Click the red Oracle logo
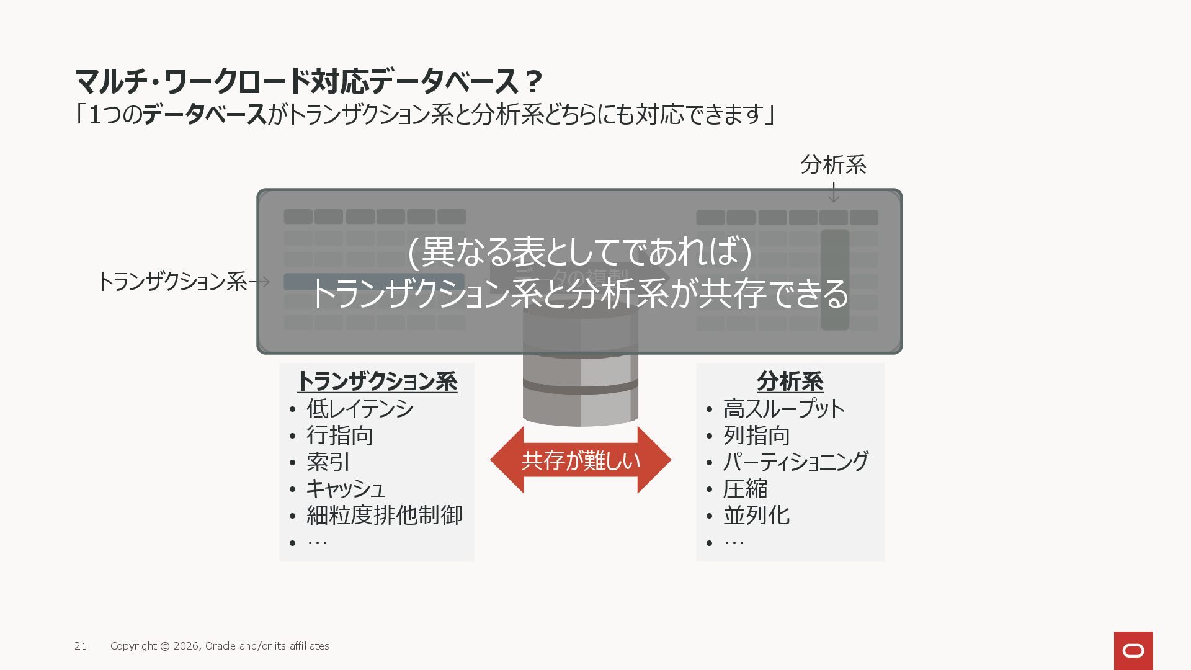pos(1133,650)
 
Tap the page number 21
pos(81,646)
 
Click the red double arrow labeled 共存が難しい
pos(581,460)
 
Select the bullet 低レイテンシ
pos(360,409)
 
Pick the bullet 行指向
pos(340,435)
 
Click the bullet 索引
pos(328,462)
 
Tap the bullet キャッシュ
pos(346,489)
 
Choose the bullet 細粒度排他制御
pos(385,516)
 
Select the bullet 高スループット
pos(784,409)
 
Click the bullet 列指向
pos(757,435)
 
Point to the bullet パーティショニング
pos(796,462)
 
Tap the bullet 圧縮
pos(746,489)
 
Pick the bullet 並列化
pos(757,516)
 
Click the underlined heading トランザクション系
pos(377,382)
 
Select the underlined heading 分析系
pos(790,382)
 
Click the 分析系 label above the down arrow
pos(833,165)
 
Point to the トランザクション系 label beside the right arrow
pos(172,282)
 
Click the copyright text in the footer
pos(220,646)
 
